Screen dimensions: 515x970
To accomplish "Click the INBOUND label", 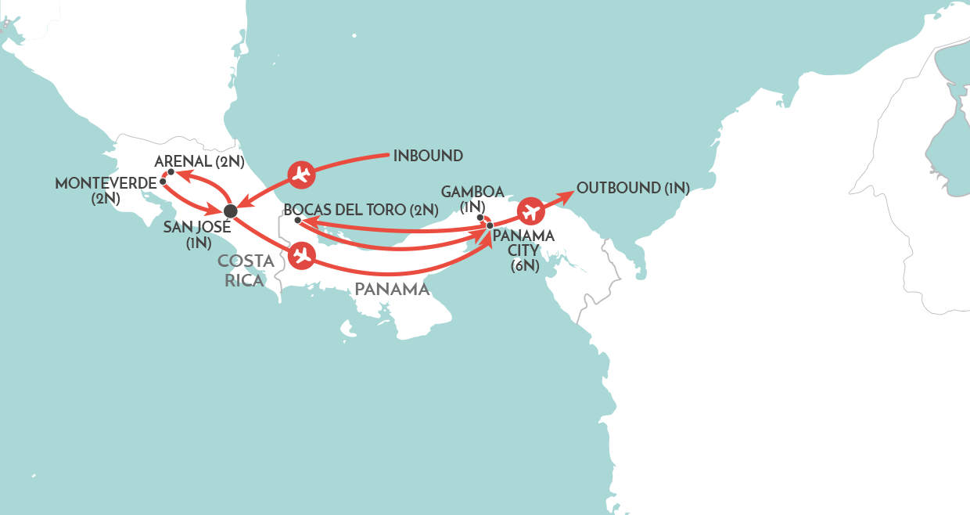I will [428, 156].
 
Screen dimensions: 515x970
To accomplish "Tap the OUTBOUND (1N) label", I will [633, 188].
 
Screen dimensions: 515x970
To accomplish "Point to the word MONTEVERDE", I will [105, 183].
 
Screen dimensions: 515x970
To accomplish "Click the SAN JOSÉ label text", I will [198, 228].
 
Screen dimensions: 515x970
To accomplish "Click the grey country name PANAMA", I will [392, 290].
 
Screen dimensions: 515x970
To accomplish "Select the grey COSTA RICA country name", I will [246, 271].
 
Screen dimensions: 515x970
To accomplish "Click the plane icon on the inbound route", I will [301, 175].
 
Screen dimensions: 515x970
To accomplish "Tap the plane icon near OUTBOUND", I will [531, 211].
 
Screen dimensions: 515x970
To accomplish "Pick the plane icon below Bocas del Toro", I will [301, 256].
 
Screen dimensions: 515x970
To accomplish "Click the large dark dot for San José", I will [230, 211].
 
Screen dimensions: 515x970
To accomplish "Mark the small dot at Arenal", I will [171, 172].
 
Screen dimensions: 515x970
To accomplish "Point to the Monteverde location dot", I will [162, 182].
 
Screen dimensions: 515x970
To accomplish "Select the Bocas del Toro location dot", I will [297, 221].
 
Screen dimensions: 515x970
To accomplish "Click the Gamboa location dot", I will [480, 217].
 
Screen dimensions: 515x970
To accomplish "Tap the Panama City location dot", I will [490, 225].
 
